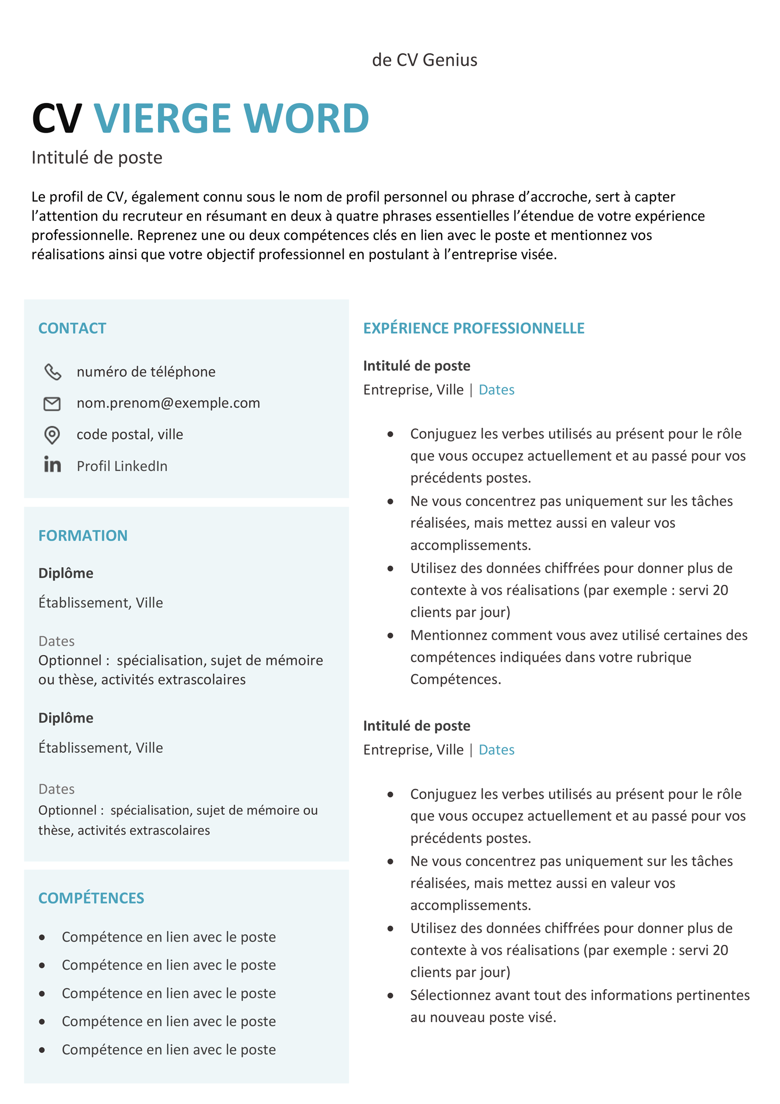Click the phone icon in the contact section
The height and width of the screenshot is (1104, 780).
53,372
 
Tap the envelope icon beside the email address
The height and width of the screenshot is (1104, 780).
52,403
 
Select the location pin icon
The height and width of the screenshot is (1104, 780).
52,435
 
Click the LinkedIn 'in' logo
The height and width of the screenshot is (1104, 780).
52,464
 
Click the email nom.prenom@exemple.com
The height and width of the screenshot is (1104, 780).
168,403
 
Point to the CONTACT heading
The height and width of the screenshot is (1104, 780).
72,328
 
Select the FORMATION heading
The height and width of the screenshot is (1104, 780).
83,536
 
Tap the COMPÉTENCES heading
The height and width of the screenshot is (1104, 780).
91,898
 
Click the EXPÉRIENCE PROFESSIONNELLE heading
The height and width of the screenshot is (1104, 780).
473,328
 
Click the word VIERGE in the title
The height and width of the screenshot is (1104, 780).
162,119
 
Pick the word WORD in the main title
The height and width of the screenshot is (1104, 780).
306,119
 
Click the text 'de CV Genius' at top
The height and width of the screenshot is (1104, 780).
425,60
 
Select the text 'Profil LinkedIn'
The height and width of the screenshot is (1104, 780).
122,466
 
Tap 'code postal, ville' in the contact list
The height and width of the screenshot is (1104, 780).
130,435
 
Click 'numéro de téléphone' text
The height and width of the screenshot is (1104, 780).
146,372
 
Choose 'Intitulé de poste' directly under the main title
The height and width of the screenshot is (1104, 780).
97,158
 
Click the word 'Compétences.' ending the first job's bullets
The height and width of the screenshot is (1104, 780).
455,679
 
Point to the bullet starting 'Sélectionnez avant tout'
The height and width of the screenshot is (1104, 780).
580,995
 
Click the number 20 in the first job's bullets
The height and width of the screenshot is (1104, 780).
720,590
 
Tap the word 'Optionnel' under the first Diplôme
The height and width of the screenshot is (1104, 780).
70,661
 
